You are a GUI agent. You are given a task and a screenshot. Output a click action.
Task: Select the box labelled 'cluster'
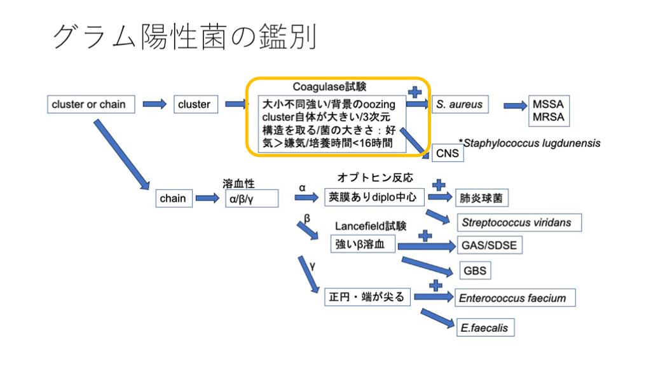(195, 104)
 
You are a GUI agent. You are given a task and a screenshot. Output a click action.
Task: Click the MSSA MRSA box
(547, 111)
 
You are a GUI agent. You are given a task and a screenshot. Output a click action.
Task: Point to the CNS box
(448, 153)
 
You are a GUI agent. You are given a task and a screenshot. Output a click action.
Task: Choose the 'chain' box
(173, 198)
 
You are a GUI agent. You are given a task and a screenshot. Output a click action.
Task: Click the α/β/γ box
(251, 199)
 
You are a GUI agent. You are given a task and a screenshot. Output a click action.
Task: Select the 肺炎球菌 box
(481, 198)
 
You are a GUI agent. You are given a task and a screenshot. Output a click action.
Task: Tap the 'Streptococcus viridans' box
(517, 222)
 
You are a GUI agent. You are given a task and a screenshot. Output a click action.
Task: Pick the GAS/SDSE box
(489, 245)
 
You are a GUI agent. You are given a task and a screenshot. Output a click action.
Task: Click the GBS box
(475, 271)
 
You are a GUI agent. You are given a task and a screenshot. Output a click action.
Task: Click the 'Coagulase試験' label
(329, 86)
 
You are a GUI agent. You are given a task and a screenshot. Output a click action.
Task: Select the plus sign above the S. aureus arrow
(415, 91)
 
